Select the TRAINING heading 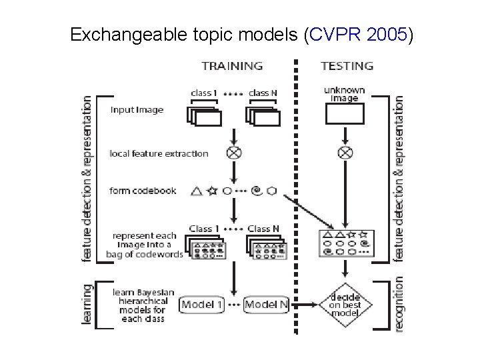pyautogui.click(x=232, y=66)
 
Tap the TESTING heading pyautogui.click(x=347, y=66)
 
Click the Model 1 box pyautogui.click(x=203, y=305)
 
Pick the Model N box pyautogui.click(x=265, y=305)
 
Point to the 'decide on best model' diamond pyautogui.click(x=345, y=305)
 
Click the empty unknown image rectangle pyautogui.click(x=345, y=115)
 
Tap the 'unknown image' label pyautogui.click(x=345, y=93)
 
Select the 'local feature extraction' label pyautogui.click(x=159, y=153)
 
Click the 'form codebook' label pyautogui.click(x=143, y=191)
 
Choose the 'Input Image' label pyautogui.click(x=137, y=110)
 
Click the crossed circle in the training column pyautogui.click(x=234, y=153)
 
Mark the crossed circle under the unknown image pyautogui.click(x=345, y=153)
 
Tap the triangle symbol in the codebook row pyautogui.click(x=196, y=191)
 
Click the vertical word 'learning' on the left pyautogui.click(x=87, y=305)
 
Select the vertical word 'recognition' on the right pyautogui.click(x=399, y=305)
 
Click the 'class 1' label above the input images pyautogui.click(x=205, y=93)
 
